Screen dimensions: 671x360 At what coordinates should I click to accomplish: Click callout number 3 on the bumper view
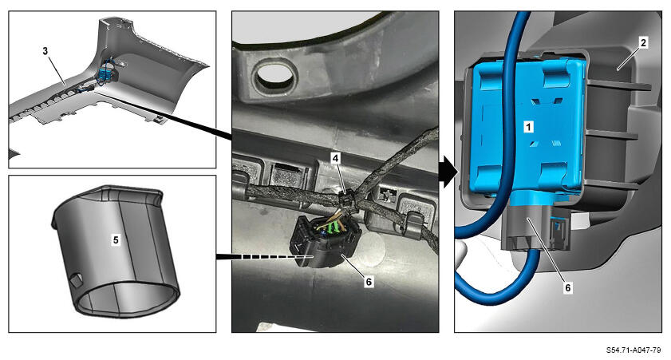[x=45, y=51]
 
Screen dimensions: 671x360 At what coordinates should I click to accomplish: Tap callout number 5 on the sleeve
[x=116, y=240]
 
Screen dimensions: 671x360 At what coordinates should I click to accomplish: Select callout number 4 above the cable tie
[x=335, y=158]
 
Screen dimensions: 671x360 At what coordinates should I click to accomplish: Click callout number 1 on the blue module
[x=529, y=127]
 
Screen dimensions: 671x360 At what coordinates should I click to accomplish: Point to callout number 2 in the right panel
[x=643, y=42]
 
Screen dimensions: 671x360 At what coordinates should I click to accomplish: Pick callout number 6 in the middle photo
[x=369, y=282]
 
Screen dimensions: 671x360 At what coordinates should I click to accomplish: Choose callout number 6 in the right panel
[x=568, y=287]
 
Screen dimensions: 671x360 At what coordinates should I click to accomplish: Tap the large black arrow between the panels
[x=448, y=172]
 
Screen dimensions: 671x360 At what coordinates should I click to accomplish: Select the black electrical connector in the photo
[x=324, y=241]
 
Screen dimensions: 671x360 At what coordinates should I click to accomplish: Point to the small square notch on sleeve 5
[x=76, y=280]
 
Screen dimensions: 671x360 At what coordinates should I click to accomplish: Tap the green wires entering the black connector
[x=333, y=227]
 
